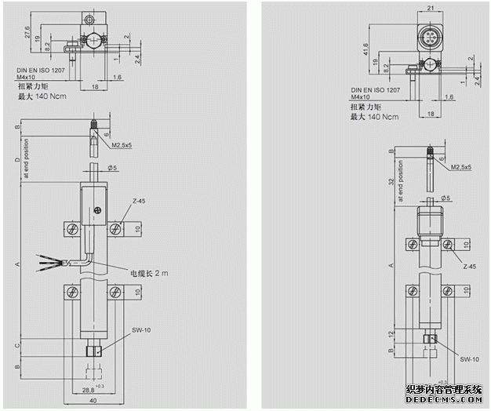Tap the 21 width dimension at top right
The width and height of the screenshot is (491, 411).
point(431,8)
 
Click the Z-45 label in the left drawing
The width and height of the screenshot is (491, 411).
point(140,202)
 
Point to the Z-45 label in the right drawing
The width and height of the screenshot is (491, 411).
point(470,267)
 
